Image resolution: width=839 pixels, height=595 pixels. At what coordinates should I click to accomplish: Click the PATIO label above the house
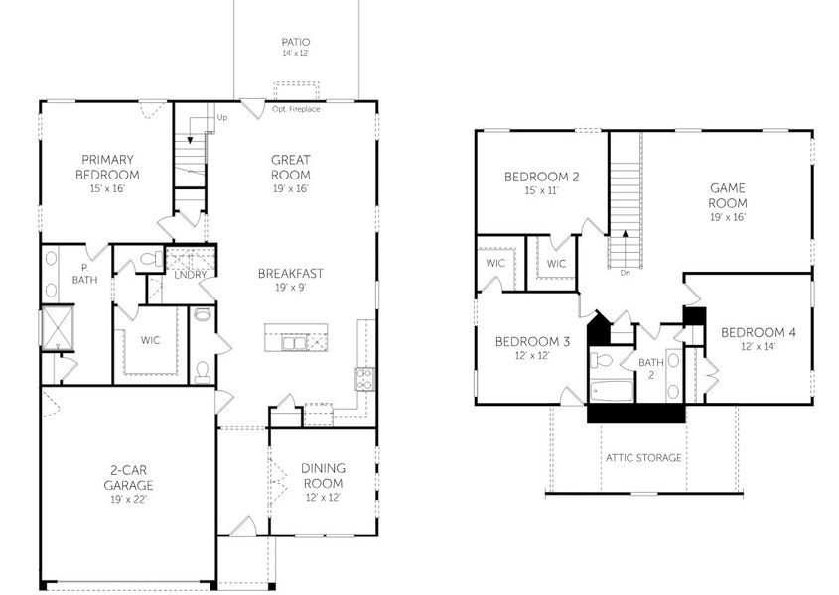tap(295, 42)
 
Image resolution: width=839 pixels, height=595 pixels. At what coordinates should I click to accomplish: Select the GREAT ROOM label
tap(291, 167)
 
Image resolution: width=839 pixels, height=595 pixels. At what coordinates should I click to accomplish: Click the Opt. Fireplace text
tap(296, 108)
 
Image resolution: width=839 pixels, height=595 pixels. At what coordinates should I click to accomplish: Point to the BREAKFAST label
tap(291, 273)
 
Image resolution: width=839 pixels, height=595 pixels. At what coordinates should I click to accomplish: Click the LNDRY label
tap(189, 275)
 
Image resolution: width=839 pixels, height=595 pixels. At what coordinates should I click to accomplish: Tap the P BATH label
tap(84, 274)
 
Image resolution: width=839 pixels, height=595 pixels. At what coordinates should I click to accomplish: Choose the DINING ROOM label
tap(324, 477)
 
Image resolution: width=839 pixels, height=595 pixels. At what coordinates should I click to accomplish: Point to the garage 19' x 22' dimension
tap(128, 501)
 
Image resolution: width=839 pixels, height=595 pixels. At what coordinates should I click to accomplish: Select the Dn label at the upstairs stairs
tap(625, 272)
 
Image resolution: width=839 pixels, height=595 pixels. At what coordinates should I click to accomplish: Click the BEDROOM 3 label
tap(532, 341)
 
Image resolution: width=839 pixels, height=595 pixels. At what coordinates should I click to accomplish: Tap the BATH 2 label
tap(650, 368)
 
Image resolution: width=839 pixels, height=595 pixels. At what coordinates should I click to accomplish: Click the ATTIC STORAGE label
tap(643, 457)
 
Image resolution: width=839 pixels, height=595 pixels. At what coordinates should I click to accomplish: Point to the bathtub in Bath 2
tap(610, 389)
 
